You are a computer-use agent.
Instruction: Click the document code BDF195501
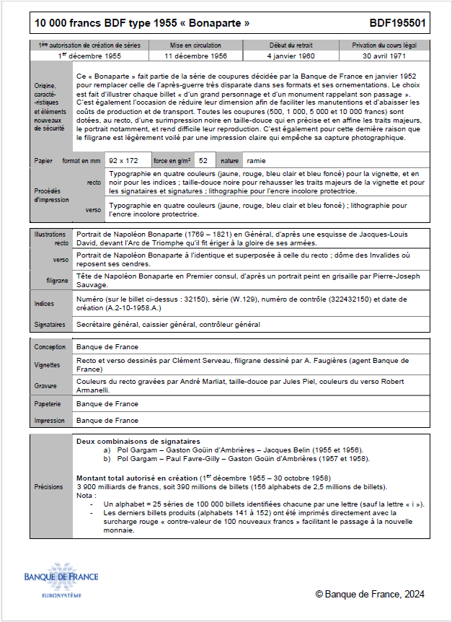(397, 23)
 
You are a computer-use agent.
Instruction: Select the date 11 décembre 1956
(195, 55)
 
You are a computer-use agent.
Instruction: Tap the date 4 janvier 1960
(291, 55)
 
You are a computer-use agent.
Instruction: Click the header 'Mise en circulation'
(195, 45)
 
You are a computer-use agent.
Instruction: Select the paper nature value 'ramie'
(255, 160)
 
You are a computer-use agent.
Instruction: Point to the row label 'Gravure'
(47, 385)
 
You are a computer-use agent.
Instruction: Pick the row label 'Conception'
(50, 347)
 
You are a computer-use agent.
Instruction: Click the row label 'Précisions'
(50, 487)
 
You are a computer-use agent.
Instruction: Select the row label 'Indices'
(45, 304)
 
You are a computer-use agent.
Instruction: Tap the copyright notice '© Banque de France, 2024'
(370, 594)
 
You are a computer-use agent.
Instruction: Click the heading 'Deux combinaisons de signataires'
(138, 440)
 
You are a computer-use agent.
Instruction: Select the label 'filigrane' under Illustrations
(58, 279)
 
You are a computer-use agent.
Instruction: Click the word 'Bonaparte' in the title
(216, 23)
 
